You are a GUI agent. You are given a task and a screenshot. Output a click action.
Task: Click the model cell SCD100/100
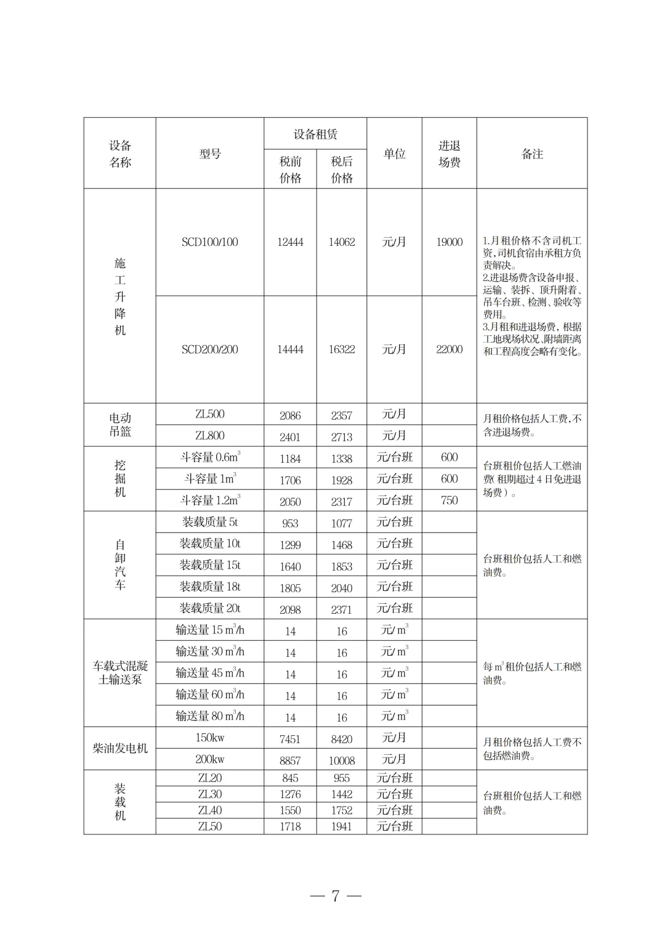pos(209,242)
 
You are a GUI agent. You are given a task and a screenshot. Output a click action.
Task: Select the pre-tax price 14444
pos(290,349)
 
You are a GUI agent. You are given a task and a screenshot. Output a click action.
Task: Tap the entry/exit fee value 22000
pos(449,349)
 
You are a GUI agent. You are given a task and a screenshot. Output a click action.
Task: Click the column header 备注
pos(532,154)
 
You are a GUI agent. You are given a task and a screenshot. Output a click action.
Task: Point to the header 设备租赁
pos(315,134)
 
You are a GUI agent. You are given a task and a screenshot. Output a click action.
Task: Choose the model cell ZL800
pos(209,436)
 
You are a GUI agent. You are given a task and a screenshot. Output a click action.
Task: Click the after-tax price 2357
pos(342,416)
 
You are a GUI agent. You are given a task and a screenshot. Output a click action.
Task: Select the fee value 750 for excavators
pos(449,500)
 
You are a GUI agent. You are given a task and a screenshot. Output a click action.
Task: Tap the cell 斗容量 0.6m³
pos(210,457)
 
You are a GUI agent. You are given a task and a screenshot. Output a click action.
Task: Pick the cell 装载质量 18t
pos(210,587)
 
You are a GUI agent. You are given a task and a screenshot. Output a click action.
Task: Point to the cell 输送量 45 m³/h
pos(210,673)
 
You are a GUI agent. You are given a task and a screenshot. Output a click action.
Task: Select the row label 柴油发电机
pos(120,748)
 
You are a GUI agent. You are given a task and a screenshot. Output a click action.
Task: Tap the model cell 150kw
pos(210,738)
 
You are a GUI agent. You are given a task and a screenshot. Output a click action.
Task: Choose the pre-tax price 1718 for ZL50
pos(290,826)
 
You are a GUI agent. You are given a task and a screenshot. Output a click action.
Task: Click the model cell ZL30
pos(210,794)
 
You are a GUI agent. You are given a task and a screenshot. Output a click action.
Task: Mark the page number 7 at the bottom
pos(336,896)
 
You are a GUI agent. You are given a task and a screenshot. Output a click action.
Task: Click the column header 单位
pos(394,154)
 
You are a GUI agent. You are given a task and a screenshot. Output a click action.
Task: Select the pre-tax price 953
pos(290,524)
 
